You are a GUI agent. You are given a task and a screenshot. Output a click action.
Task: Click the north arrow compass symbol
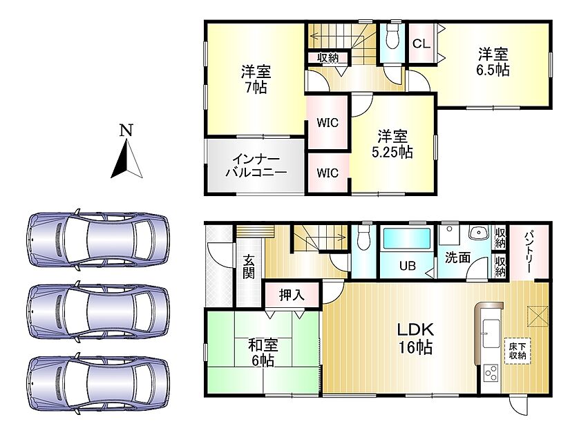click(x=127, y=159)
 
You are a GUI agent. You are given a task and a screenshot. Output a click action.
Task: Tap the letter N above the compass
click(x=126, y=130)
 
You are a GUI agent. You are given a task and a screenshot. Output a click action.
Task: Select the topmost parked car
click(x=98, y=240)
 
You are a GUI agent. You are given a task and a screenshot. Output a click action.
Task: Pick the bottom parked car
click(x=98, y=384)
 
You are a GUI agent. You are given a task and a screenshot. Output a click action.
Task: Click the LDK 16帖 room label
click(x=415, y=338)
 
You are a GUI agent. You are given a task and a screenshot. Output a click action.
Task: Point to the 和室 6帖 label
click(x=263, y=353)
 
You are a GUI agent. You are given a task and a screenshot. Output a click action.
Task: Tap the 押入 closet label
click(x=292, y=295)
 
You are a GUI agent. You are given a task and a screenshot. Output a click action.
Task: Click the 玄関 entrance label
click(x=249, y=267)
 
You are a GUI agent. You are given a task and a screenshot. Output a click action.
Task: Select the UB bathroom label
click(x=407, y=266)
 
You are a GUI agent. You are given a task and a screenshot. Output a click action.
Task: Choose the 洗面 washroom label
click(x=457, y=258)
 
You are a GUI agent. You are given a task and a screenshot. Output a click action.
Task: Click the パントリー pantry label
click(x=529, y=251)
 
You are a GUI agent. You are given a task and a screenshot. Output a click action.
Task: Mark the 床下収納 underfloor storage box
click(x=518, y=351)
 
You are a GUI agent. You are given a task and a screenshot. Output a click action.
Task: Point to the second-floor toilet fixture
click(x=392, y=36)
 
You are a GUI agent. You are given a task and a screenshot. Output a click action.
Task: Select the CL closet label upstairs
click(x=421, y=44)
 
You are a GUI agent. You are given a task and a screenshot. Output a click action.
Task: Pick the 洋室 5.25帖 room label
click(x=392, y=144)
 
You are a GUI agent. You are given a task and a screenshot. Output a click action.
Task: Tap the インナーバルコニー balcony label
click(x=256, y=166)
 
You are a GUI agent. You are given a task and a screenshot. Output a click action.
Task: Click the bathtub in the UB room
click(x=407, y=238)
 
